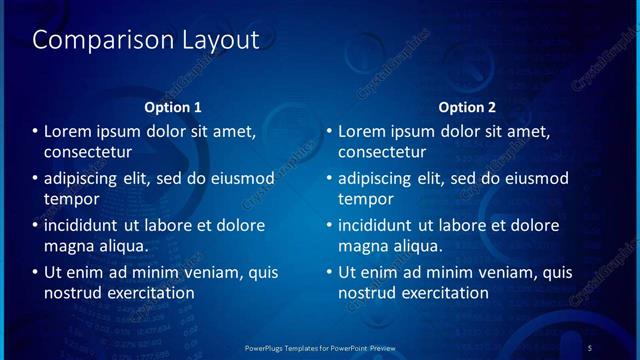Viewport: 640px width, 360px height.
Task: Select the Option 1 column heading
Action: pyautogui.click(x=173, y=107)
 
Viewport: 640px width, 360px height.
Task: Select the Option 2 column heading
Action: pyautogui.click(x=467, y=107)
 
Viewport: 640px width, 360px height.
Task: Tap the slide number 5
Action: pyautogui.click(x=590, y=347)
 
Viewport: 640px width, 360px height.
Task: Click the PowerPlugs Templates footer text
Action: pyautogui.click(x=321, y=347)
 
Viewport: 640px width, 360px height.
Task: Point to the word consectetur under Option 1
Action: pyautogui.click(x=88, y=152)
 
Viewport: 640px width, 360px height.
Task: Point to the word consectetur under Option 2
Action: pyautogui.click(x=382, y=152)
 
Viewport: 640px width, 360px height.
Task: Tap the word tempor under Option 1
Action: pyautogui.click(x=70, y=199)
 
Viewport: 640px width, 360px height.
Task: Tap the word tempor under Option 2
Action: pyautogui.click(x=364, y=199)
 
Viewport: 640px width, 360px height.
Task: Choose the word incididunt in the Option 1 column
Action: pyautogui.click(x=87, y=225)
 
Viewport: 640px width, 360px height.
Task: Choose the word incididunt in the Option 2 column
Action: pyautogui.click(x=381, y=225)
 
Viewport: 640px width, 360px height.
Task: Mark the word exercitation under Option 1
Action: pyautogui.click(x=151, y=293)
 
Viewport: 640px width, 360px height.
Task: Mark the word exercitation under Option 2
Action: pyautogui.click(x=445, y=293)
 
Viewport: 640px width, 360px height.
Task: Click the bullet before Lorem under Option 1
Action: pyautogui.click(x=36, y=132)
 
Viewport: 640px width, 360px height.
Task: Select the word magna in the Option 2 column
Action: pyautogui.click(x=362, y=245)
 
